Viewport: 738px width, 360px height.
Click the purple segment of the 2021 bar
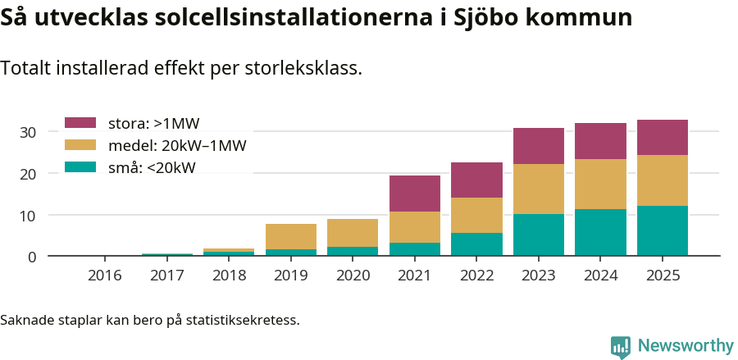pos(415,194)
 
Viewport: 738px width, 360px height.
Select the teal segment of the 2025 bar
pos(663,230)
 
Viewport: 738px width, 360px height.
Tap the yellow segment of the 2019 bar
pos(291,236)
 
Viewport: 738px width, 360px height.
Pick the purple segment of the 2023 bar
pos(539,146)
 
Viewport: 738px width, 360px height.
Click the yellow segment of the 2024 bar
pos(600,184)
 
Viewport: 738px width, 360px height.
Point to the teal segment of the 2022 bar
pos(476,244)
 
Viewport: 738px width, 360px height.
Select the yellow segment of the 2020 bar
pos(353,233)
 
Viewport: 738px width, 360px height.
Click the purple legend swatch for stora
pos(81,124)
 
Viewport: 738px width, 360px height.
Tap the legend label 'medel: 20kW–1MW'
pos(177,146)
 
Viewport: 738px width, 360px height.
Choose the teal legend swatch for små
pos(81,168)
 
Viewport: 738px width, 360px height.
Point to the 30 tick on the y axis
pos(28,132)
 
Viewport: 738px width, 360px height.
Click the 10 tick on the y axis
pos(28,216)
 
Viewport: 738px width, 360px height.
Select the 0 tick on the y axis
pos(32,257)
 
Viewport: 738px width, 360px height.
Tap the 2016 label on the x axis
pos(105,276)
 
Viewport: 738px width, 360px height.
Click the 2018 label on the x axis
pos(229,276)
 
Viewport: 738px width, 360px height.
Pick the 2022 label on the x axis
pos(476,276)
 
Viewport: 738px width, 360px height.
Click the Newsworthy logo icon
pos(621,346)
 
